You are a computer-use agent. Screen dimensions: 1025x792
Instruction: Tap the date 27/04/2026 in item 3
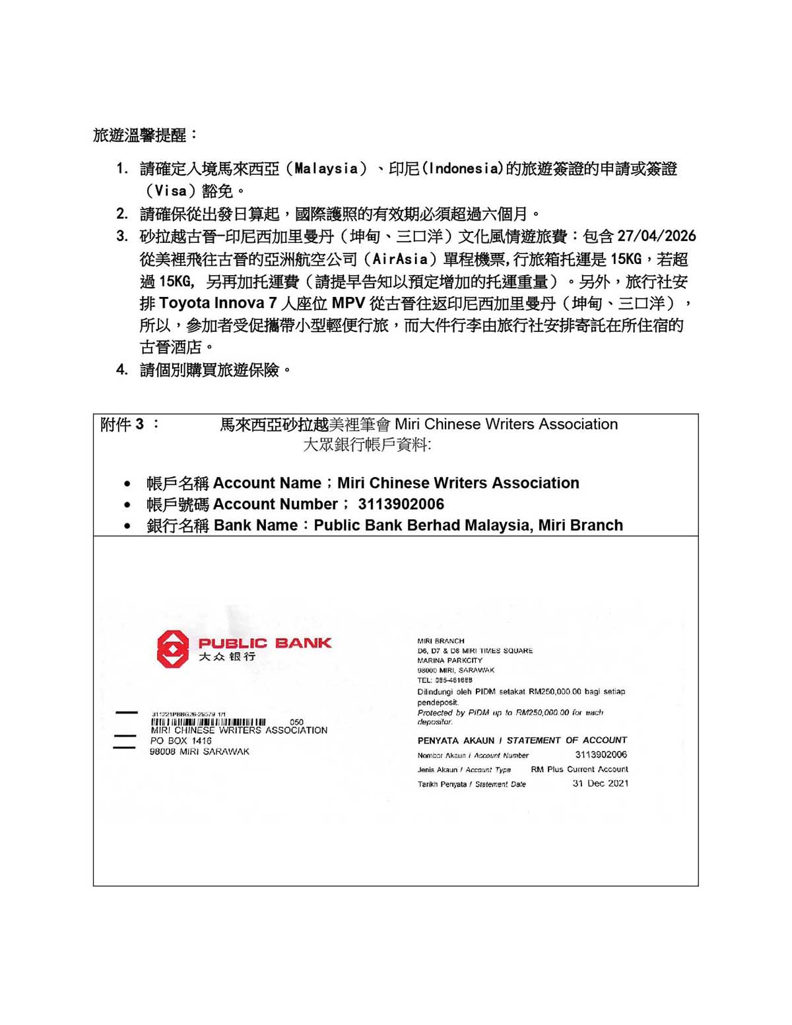pyautogui.click(x=656, y=236)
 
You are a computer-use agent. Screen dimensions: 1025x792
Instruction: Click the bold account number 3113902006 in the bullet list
pyautogui.click(x=401, y=504)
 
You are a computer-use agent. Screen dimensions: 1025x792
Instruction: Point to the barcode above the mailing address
pyautogui.click(x=209, y=722)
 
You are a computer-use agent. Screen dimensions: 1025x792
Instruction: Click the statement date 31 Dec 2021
pyautogui.click(x=600, y=783)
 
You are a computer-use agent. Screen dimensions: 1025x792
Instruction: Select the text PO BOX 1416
pyautogui.click(x=181, y=741)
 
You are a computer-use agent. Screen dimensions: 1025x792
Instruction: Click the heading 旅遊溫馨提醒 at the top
pyautogui.click(x=140, y=135)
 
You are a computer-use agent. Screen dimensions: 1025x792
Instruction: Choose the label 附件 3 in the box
pyautogui.click(x=122, y=424)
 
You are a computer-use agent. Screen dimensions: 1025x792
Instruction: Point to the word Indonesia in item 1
pyautogui.click(x=463, y=169)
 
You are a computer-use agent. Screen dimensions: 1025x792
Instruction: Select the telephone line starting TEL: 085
pyautogui.click(x=445, y=680)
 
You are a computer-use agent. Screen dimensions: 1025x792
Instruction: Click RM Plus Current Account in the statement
pyautogui.click(x=579, y=769)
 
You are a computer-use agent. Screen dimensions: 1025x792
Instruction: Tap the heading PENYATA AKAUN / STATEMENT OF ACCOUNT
pyautogui.click(x=522, y=740)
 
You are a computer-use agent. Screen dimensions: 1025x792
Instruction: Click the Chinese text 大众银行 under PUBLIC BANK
pyautogui.click(x=227, y=657)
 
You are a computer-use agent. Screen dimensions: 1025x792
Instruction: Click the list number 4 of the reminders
pyautogui.click(x=122, y=370)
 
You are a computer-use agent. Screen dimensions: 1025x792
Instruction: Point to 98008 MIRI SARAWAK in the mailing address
pyautogui.click(x=199, y=752)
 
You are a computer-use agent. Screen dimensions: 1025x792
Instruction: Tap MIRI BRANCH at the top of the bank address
pyautogui.click(x=440, y=641)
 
